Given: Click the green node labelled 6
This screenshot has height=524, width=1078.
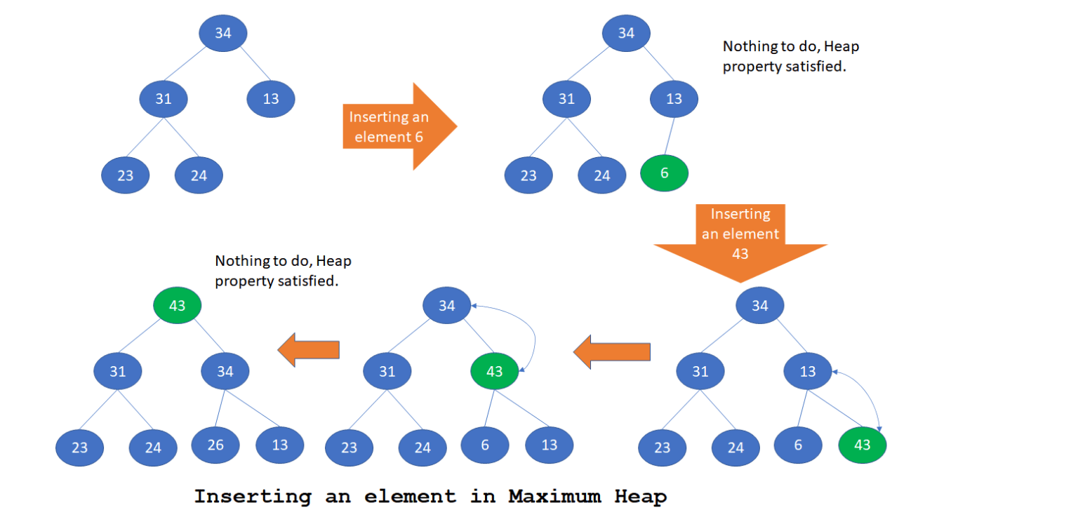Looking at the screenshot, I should click(x=664, y=173).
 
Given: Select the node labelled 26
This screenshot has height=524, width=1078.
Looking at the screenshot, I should click(x=215, y=445).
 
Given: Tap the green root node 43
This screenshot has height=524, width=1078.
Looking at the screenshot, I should click(x=178, y=307).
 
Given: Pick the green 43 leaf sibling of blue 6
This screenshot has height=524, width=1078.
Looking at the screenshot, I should click(x=863, y=445).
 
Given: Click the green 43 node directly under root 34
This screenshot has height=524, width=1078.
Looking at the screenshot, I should click(x=494, y=372).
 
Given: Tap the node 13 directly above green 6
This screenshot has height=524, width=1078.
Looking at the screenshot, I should click(x=674, y=99).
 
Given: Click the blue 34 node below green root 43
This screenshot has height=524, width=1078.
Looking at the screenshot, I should click(x=225, y=372).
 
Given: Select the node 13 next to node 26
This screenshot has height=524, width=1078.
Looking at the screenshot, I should click(x=279, y=445).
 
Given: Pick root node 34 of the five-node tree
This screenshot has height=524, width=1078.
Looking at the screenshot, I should click(x=222, y=32).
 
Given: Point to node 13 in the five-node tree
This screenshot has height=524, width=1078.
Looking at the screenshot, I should click(x=271, y=99).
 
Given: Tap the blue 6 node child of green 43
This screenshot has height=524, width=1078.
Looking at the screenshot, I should click(x=484, y=445).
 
